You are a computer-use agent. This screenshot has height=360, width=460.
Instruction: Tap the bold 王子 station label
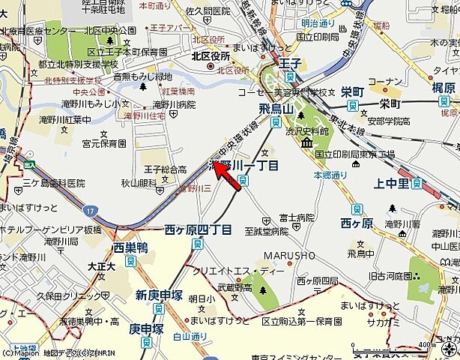(290, 64)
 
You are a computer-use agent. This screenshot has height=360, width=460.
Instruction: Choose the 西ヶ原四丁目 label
(198, 228)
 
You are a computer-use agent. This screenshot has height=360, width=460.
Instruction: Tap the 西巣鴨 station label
(130, 247)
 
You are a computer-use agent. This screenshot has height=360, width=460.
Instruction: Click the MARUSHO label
(290, 256)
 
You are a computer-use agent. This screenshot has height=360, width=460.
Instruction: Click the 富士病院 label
(296, 217)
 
